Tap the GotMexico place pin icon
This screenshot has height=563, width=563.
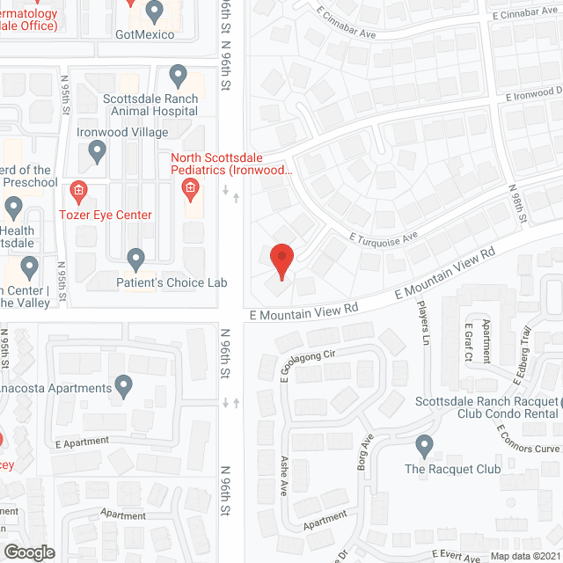155,12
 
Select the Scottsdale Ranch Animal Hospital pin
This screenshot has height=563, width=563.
178,76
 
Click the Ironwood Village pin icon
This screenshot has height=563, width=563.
98,152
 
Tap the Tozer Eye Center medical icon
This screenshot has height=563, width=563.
78,189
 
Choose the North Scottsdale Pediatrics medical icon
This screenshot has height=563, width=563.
189,188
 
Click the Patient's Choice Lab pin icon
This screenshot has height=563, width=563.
135,260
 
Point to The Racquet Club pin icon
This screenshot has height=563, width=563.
426,446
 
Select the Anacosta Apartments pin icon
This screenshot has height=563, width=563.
123,385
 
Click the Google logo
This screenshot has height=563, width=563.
29,552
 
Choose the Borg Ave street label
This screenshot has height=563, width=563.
365,451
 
